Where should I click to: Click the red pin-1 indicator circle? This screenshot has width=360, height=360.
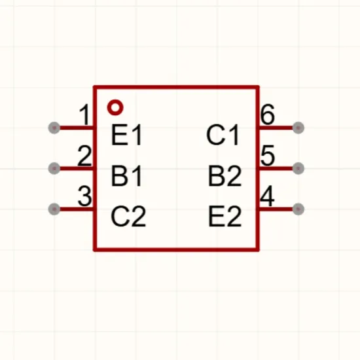pos(115,103)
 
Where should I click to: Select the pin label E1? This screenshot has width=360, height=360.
pos(126,135)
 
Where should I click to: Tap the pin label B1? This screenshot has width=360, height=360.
pos(126,175)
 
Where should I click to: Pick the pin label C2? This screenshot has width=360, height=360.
pos(128,216)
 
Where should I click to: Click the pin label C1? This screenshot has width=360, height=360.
pos(223,135)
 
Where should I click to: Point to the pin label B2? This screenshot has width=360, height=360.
pos(225,175)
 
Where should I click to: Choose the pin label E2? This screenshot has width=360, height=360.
pos(225,216)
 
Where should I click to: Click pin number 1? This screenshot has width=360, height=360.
pos(84,115)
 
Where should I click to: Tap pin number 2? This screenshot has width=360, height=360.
pos(84,155)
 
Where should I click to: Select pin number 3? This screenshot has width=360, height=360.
pos(84,196)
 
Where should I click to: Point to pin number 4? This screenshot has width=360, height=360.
pos(268,196)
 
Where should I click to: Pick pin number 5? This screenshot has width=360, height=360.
pos(268,155)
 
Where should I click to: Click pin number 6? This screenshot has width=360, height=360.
pos(268,115)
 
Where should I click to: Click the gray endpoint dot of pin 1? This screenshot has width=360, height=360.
pos(54,128)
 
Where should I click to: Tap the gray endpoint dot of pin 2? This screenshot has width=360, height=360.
pos(54,168)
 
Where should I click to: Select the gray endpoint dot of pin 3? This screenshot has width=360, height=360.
pos(54,209)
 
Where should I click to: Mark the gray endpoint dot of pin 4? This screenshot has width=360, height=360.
pos(298,209)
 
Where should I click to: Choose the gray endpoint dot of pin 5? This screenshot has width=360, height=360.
pos(298,168)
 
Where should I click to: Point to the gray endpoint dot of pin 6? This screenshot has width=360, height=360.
pos(298,128)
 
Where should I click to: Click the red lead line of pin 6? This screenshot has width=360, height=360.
pos(276,128)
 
